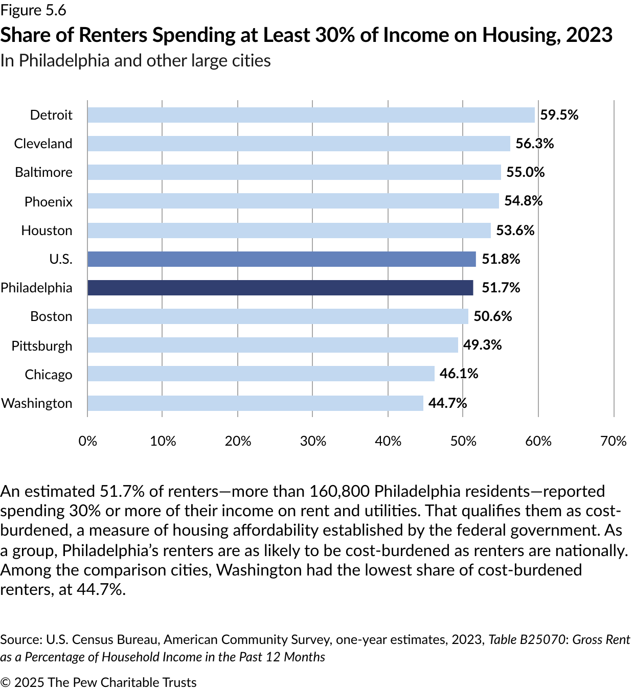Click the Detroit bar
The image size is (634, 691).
click(311, 115)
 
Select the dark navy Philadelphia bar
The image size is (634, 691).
click(280, 288)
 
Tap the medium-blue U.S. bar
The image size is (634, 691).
click(281, 259)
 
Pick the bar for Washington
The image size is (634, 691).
click(255, 403)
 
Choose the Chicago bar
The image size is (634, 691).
click(261, 374)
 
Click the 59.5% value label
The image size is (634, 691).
click(559, 115)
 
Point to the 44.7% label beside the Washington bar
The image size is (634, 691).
click(447, 403)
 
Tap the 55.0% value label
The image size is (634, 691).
click(525, 172)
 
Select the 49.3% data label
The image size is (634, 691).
click(482, 345)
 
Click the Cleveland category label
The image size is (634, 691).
click(43, 144)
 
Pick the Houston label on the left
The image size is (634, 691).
click(47, 231)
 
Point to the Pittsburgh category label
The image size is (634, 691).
click(42, 346)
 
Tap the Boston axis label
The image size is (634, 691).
click(51, 316)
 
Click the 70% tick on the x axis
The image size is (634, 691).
click(614, 441)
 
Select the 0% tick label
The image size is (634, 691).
click(87, 441)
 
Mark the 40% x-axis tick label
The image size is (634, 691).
click(388, 441)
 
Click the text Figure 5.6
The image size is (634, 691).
click(33, 10)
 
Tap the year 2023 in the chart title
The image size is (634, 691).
click(589, 35)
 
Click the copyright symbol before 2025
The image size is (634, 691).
click(6, 683)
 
